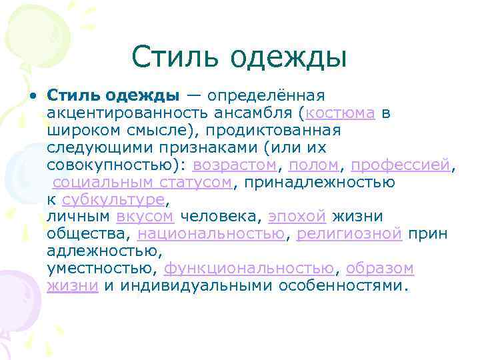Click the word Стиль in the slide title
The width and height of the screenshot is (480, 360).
(x=175, y=57)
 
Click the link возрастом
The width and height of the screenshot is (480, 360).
(x=233, y=165)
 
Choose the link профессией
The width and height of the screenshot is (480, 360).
(x=401, y=165)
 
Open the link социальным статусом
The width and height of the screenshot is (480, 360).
(x=142, y=182)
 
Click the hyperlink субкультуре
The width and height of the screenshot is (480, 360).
(x=113, y=199)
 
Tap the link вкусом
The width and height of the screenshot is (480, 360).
(x=145, y=217)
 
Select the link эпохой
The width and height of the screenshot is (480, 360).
(x=297, y=217)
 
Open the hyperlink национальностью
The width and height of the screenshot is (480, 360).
(x=211, y=234)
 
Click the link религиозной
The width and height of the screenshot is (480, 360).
(x=349, y=234)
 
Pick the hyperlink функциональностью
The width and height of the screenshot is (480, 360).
(x=249, y=269)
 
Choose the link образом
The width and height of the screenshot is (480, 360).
(x=380, y=269)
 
